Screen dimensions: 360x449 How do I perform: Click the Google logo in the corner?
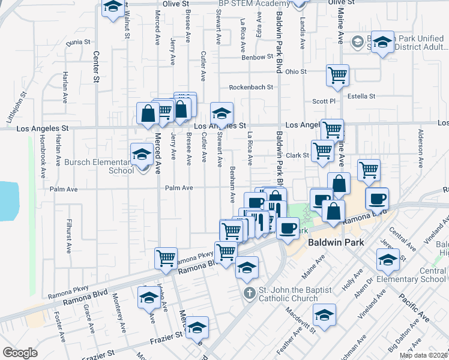pyautogui.click(x=20, y=353)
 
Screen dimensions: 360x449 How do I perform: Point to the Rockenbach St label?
pyautogui.click(x=251, y=87)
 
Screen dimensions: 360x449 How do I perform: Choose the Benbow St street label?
pyautogui.click(x=258, y=58)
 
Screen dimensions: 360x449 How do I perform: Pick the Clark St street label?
pyautogui.click(x=297, y=155)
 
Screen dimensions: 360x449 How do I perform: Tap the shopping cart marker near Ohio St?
pyautogui.click(x=338, y=76)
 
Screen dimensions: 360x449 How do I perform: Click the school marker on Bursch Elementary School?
pyautogui.click(x=142, y=155)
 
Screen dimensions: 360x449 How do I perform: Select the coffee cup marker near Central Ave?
pyautogui.click(x=376, y=199)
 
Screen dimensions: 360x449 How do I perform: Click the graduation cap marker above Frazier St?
pyautogui.click(x=197, y=328)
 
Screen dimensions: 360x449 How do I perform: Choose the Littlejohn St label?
pyautogui.click(x=16, y=107)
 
